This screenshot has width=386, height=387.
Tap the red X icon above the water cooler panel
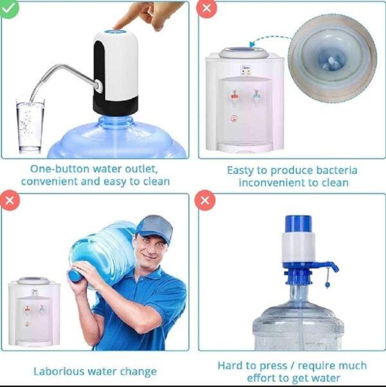coord(206,8)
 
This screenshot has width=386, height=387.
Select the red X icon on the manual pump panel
coord(206,201)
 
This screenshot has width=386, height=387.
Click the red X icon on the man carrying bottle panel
coord(10,201)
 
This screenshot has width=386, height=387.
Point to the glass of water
coord(30,125)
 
